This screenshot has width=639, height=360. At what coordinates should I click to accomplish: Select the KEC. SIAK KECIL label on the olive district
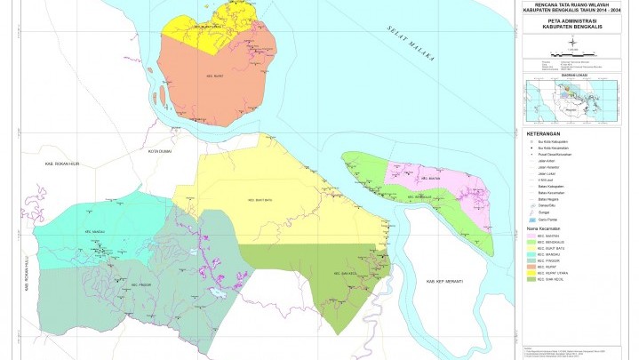coord(344,273)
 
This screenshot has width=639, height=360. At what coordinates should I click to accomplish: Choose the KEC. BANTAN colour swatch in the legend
coord(531,235)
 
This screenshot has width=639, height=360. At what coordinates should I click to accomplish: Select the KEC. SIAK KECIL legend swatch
coord(531,278)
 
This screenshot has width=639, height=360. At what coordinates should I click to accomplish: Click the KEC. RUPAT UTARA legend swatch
coord(531,271)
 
